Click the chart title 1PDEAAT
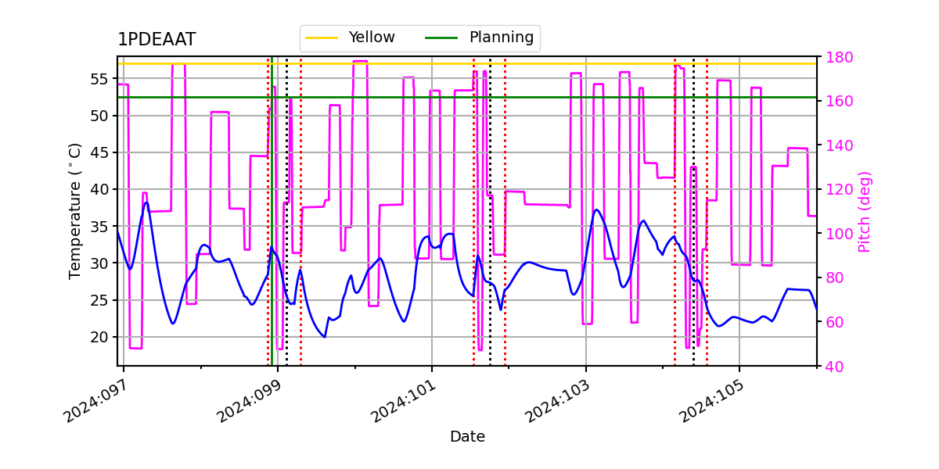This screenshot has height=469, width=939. pos(156,40)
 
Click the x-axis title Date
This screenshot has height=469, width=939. pos(467,437)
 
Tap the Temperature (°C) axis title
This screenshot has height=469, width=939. pos(75,210)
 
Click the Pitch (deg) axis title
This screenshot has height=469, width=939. pos(865,211)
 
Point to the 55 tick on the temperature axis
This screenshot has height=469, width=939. pos(101,79)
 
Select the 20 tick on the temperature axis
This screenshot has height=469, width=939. pos(101,337)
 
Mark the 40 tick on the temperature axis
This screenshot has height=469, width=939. pos(101,189)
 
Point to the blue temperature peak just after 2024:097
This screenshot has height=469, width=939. pos(146,203)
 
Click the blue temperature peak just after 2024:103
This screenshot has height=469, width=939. pos(596,209)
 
